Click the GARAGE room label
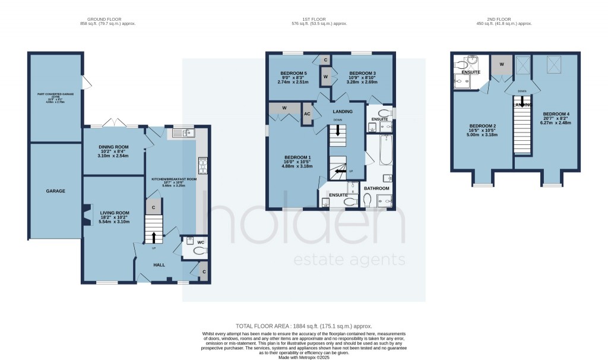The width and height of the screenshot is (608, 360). tap(56, 191)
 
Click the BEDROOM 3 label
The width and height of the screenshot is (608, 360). tap(362, 74)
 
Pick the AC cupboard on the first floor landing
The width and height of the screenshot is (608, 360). tap(308, 114)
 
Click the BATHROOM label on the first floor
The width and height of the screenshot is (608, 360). tap(376, 188)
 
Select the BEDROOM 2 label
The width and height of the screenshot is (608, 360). tap(483, 126)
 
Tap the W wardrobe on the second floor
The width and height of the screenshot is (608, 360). tap(501, 64)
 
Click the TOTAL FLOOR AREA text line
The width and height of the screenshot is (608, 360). tap(303, 326)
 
